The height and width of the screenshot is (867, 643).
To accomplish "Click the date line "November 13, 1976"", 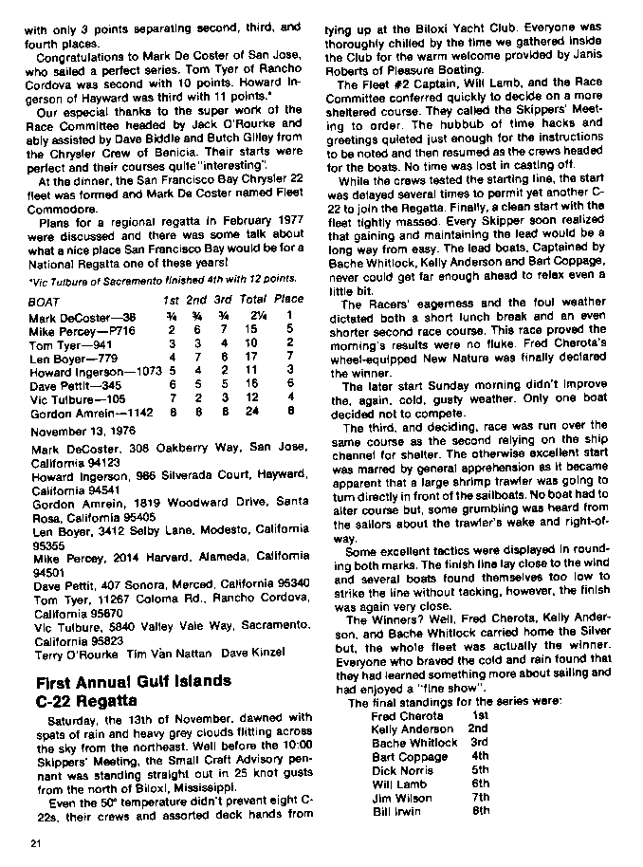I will tap(83, 431).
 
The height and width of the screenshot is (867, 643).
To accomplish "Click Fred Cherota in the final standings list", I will tap(408, 715).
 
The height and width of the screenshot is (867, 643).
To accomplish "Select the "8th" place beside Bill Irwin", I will tap(481, 811).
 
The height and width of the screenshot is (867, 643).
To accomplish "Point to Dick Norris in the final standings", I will tap(403, 770).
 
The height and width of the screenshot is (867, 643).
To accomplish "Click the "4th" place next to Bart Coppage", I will tap(481, 757).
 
